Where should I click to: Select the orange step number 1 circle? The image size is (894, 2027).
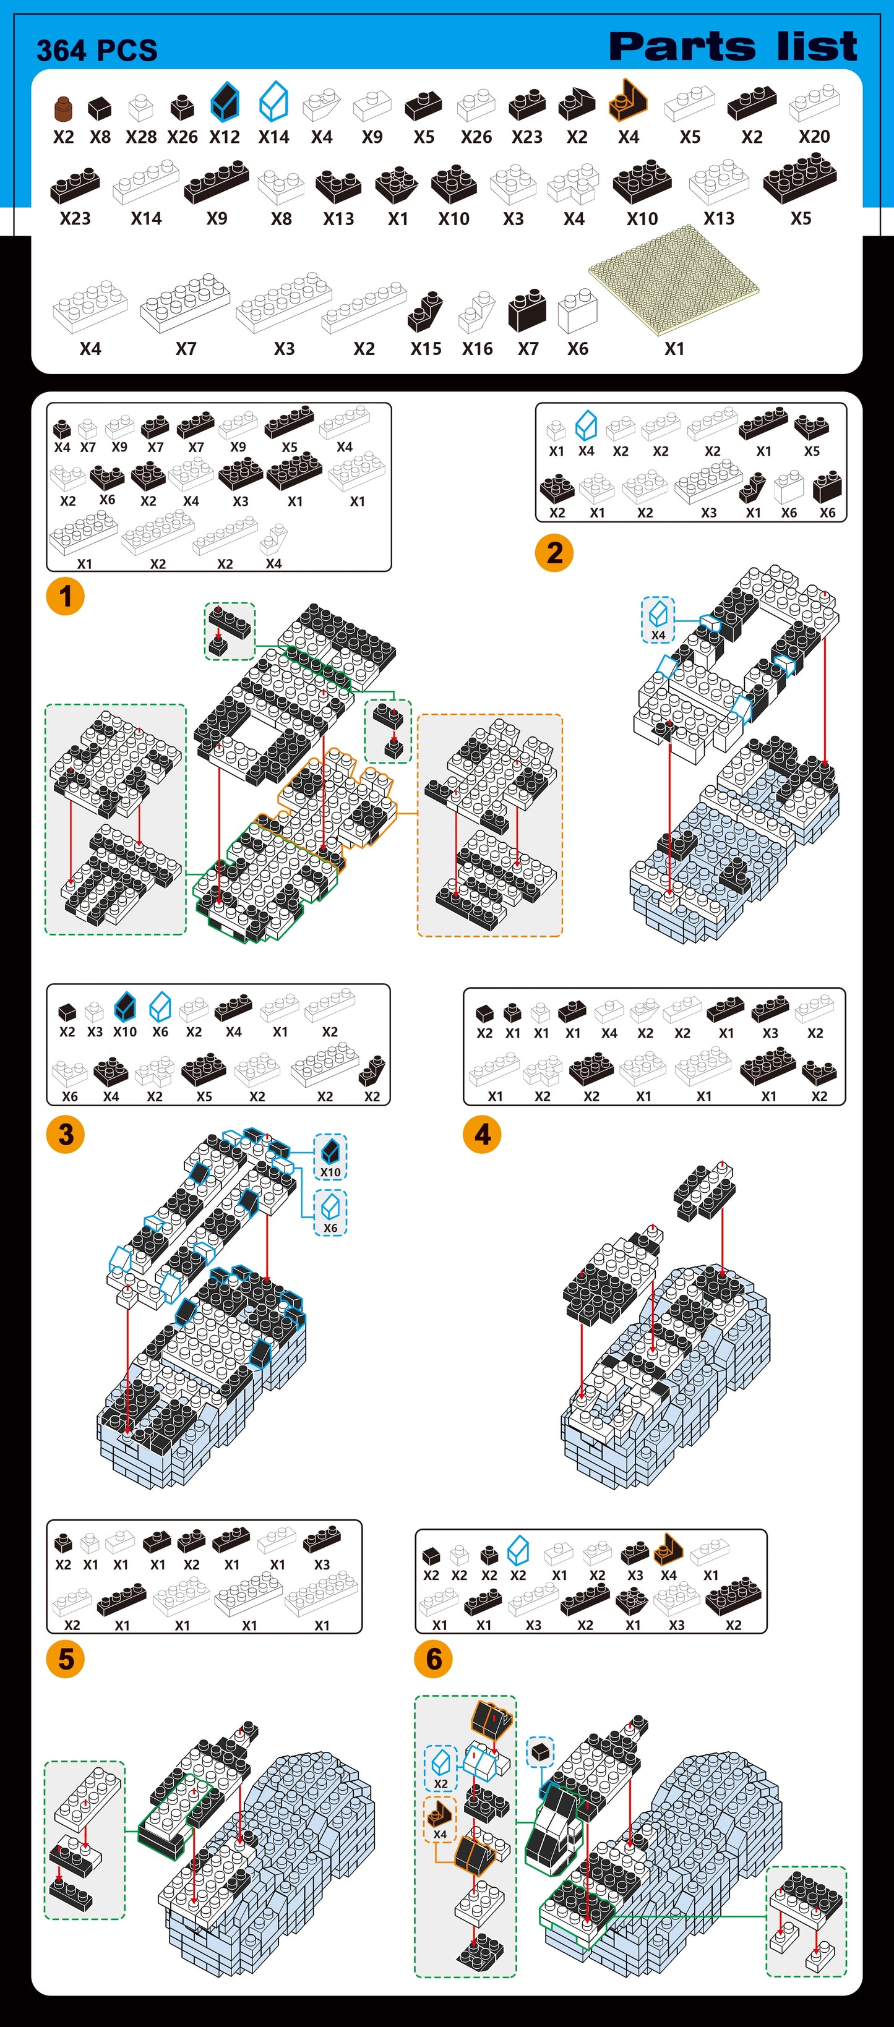click(x=66, y=595)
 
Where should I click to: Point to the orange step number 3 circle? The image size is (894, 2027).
click(x=66, y=1134)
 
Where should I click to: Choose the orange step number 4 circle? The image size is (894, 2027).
click(x=483, y=1134)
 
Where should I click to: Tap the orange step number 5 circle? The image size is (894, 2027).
click(x=66, y=1658)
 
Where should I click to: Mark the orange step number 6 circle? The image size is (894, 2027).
click(x=434, y=1658)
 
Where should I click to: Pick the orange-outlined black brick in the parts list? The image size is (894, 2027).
click(x=627, y=100)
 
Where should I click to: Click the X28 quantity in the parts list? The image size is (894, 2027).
click(x=141, y=137)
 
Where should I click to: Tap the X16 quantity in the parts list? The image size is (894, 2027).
click(x=477, y=349)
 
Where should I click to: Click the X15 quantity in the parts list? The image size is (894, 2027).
click(x=426, y=349)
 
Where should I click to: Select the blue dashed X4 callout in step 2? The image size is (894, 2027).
click(x=658, y=619)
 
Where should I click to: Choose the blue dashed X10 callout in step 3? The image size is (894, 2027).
click(x=330, y=1156)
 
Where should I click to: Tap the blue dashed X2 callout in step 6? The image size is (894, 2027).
click(x=441, y=1767)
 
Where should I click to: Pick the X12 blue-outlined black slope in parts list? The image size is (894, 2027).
click(x=225, y=102)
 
